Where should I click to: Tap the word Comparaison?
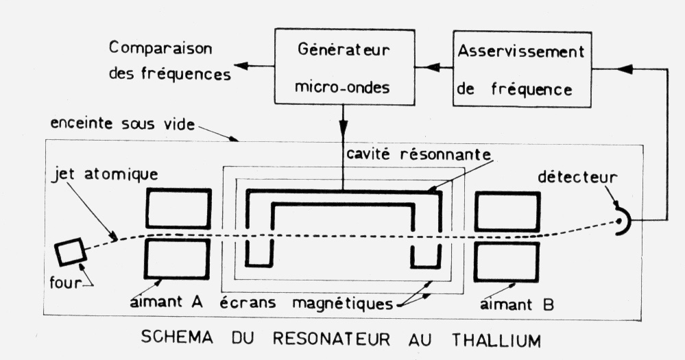coord(160,49)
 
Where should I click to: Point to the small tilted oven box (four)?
coord(69,252)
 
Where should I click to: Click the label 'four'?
coord(66,283)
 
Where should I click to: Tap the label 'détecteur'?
coord(577,177)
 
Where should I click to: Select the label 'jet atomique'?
coord(106,174)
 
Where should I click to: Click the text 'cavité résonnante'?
coord(418,154)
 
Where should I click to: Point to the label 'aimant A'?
coord(167,302)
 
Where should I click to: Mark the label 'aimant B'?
coord(517,304)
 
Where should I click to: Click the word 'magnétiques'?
coord(343,303)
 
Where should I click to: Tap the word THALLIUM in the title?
coord(496,339)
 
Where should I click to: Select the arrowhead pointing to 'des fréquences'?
coord(241,66)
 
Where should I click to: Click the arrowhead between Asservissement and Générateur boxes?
coord(433,68)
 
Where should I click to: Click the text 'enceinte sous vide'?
coord(122,123)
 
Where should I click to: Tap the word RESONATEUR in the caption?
coord(332,339)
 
